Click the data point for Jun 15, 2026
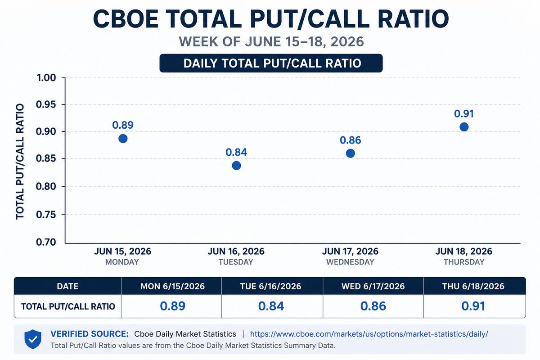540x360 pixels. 123,139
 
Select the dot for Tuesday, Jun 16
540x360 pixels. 236,166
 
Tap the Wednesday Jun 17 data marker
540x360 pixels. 350,153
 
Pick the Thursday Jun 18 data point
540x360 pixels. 464,127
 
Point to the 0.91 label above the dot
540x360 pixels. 464,114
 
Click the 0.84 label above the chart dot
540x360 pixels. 236,152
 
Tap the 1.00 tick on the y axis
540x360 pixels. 46,78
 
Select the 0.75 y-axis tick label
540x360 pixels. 46,214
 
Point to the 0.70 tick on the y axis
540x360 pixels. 46,242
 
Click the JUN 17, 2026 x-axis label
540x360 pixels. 350,251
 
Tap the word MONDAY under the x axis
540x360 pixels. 122,262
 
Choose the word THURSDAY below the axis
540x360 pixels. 464,262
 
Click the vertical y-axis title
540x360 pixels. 20,162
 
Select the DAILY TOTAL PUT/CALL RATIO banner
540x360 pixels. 271,63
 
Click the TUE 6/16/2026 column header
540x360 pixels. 271,286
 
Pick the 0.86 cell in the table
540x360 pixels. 373,306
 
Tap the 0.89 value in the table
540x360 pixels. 173,306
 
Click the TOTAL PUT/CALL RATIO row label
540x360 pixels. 68,306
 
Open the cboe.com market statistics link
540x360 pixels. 369,334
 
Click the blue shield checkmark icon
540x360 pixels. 33,339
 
